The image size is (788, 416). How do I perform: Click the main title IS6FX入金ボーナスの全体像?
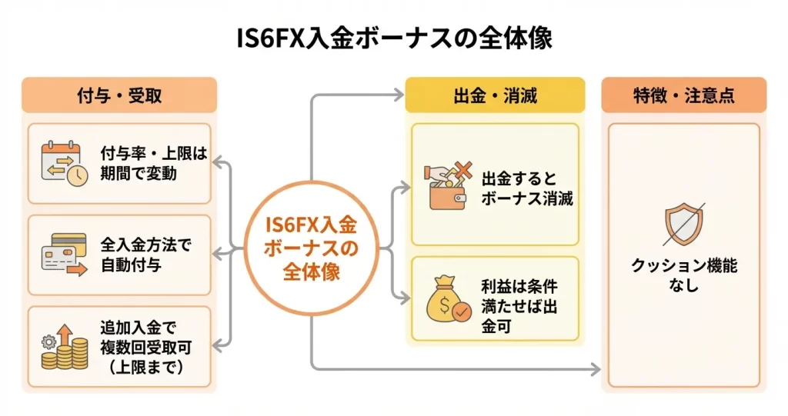tap(394, 38)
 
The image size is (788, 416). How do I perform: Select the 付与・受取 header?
tap(119, 96)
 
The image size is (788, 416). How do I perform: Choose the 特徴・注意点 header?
tap(683, 96)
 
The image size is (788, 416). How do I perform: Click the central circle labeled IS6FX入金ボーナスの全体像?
tap(312, 249)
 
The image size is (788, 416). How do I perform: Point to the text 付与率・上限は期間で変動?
tap(154, 163)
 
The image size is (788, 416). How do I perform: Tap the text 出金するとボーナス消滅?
tap(527, 188)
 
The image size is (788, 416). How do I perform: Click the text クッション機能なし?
tap(683, 275)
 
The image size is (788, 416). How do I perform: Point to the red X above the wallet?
tap(462, 171)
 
